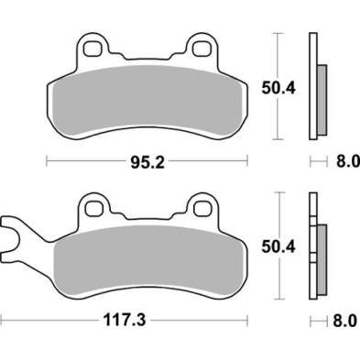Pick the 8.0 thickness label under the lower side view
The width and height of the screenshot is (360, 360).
coord(342,323)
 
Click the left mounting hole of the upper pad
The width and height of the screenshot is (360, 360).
coord(90,45)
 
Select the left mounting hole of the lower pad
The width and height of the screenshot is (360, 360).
coord(90,204)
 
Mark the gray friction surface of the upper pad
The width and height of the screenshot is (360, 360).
coord(147,101)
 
